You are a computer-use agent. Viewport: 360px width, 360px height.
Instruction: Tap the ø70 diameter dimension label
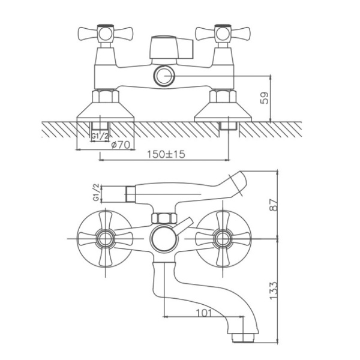coord(121,145)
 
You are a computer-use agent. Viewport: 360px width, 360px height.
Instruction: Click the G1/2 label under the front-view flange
coord(100,137)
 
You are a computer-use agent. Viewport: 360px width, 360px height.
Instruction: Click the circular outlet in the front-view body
coord(163,76)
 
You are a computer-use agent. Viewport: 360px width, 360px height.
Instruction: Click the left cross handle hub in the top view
coord(106,239)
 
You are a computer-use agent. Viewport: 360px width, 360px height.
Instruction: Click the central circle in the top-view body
coord(163,239)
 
